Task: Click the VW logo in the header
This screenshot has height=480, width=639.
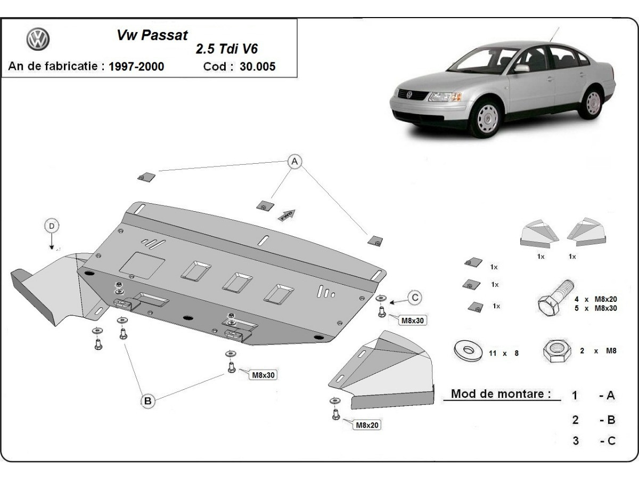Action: point(37,39)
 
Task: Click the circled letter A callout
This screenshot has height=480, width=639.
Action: point(294,161)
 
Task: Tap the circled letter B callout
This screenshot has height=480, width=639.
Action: point(148,401)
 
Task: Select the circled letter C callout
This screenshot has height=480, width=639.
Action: point(415,298)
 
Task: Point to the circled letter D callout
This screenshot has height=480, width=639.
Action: point(52,226)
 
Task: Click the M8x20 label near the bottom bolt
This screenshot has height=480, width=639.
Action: point(367,425)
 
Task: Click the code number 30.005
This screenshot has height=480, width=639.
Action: point(258,67)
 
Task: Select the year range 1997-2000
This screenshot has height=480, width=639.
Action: point(136,67)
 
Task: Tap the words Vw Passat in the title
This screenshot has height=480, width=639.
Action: point(152,36)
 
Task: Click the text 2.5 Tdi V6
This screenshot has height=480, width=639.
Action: point(227,49)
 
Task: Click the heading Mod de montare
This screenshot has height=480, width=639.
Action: point(501,394)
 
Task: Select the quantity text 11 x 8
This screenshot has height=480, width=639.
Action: point(503,353)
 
